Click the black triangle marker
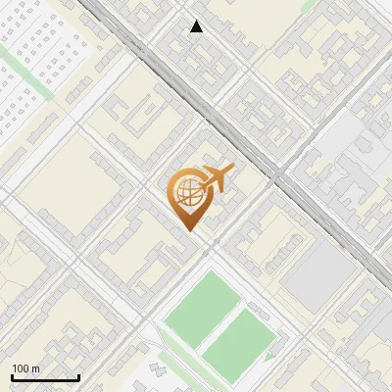196,26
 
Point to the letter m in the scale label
36,368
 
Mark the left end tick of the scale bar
12,376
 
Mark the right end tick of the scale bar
78,376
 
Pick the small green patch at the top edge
308,4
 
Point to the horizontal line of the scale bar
45,378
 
